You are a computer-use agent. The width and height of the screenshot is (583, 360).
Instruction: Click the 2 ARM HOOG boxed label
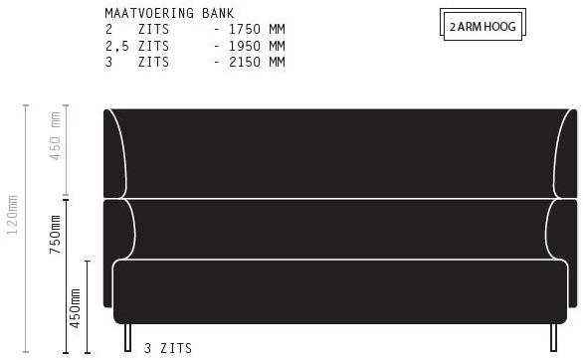[x=483, y=27]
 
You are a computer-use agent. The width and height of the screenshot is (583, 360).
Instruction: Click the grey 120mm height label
[x=12, y=217]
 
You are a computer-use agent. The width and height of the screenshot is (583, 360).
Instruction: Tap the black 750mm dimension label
[x=56, y=235]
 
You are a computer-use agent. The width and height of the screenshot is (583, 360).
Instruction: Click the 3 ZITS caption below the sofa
[x=168, y=348]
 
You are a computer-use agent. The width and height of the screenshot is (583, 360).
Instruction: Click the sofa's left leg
[x=127, y=338]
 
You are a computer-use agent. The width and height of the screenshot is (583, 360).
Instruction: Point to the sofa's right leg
[x=551, y=338]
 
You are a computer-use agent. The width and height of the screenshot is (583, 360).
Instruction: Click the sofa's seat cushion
[x=338, y=290]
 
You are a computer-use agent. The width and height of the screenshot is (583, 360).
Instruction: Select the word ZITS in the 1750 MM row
[x=154, y=30]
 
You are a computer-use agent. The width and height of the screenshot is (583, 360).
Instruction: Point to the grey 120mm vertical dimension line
[x=27, y=229]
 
